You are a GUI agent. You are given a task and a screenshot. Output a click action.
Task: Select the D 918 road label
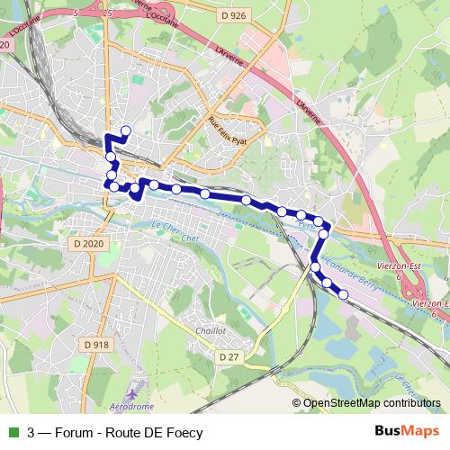coord(96,344)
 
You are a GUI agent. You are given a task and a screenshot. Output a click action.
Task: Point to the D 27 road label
coord(230,357)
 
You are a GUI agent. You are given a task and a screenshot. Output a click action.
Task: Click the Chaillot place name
coord(210,330)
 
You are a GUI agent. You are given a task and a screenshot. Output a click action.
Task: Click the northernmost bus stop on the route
coord(125,131)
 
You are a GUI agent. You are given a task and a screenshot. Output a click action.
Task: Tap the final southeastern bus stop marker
coord(343,294)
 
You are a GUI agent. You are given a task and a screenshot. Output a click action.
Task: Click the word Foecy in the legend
coord(183,432)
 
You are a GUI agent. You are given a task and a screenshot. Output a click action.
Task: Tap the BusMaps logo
coord(408,432)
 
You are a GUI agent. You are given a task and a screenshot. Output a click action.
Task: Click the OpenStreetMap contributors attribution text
coord(371,403)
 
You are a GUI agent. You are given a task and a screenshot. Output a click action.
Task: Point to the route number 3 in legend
coord(31,432)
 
